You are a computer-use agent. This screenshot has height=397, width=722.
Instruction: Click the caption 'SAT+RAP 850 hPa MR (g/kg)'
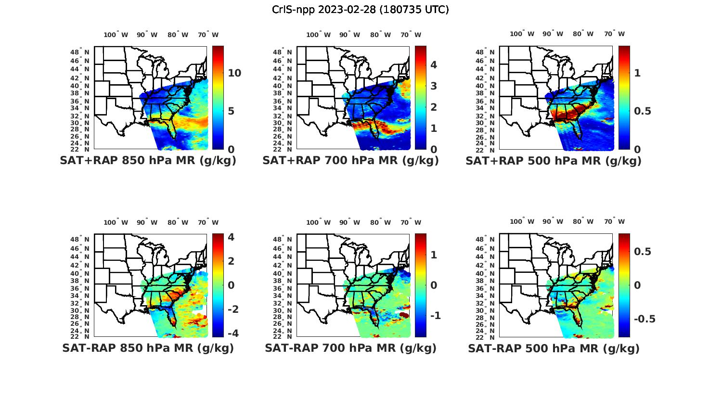(148, 161)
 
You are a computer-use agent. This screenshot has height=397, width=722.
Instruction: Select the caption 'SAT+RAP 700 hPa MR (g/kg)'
(350, 161)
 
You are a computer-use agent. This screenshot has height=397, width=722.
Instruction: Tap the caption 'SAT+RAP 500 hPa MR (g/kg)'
(554, 161)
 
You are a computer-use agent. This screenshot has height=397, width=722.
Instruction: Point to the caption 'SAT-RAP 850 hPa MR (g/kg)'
(148, 348)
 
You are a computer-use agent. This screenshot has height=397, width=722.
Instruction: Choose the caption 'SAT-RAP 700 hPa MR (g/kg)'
(350, 348)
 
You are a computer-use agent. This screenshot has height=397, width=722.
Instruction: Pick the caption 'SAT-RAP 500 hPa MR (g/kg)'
(554, 348)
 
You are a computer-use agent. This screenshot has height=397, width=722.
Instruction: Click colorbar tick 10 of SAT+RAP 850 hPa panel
(234, 73)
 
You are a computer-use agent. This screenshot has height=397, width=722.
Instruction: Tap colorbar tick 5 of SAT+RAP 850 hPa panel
(231, 111)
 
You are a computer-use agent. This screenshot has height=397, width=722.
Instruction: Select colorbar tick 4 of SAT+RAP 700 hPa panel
(433, 65)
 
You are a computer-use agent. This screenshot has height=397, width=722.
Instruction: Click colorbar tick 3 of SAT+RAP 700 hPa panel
(433, 86)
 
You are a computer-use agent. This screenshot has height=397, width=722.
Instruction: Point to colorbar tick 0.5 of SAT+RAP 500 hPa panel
(642, 111)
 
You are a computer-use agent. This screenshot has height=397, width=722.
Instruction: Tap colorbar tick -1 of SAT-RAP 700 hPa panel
(435, 316)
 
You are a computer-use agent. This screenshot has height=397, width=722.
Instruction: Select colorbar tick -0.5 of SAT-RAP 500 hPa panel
(645, 319)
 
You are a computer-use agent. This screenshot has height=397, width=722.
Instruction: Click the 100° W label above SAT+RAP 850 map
(116, 35)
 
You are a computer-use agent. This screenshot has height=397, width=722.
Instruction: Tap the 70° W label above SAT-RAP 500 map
(615, 222)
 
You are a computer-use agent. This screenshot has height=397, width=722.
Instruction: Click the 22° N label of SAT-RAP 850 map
(80, 336)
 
